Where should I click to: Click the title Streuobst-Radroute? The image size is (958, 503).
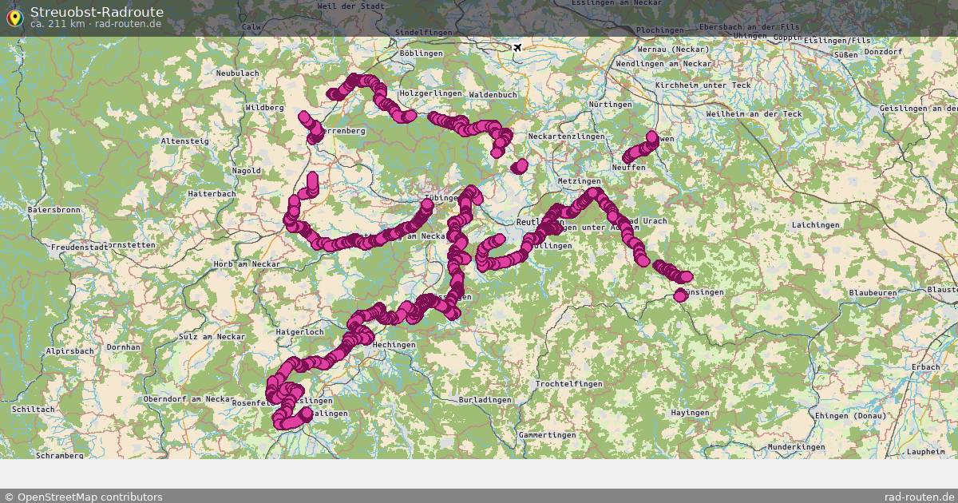coord(97,12)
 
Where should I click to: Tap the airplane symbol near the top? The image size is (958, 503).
coord(517,48)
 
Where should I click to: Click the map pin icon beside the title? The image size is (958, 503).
coord(14,18)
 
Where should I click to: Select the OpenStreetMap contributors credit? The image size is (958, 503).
coord(83,497)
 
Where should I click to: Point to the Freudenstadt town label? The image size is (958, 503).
coord(81,248)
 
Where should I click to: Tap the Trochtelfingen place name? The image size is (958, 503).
coord(569,384)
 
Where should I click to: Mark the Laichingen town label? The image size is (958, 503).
coord(816,225)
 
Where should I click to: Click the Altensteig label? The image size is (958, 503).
coord(185,141)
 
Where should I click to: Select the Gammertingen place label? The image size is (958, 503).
coord(546,434)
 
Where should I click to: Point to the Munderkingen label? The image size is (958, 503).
coord(796,447)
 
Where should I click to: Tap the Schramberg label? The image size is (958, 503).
coord(59,456)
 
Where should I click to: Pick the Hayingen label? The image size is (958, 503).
coord(690,413)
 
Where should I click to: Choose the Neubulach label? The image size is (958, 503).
coord(237,73)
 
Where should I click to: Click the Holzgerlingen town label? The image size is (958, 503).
coord(430,93)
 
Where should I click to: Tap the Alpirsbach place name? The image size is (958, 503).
coord(70,351)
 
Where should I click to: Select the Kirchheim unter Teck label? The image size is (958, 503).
coord(703,85)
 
